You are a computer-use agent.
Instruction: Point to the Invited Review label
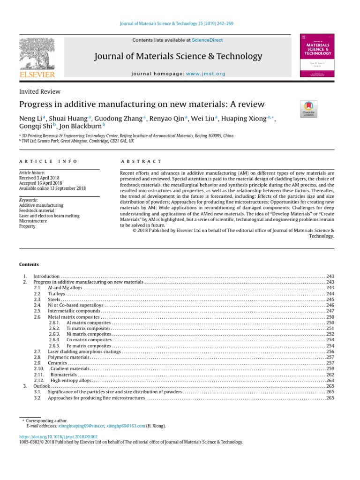pos(39,92)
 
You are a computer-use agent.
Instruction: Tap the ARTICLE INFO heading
pos(48,161)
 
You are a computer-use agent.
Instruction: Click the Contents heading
pos(29,264)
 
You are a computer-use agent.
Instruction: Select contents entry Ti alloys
pos(56,293)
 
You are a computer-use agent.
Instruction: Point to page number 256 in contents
pos(330,352)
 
